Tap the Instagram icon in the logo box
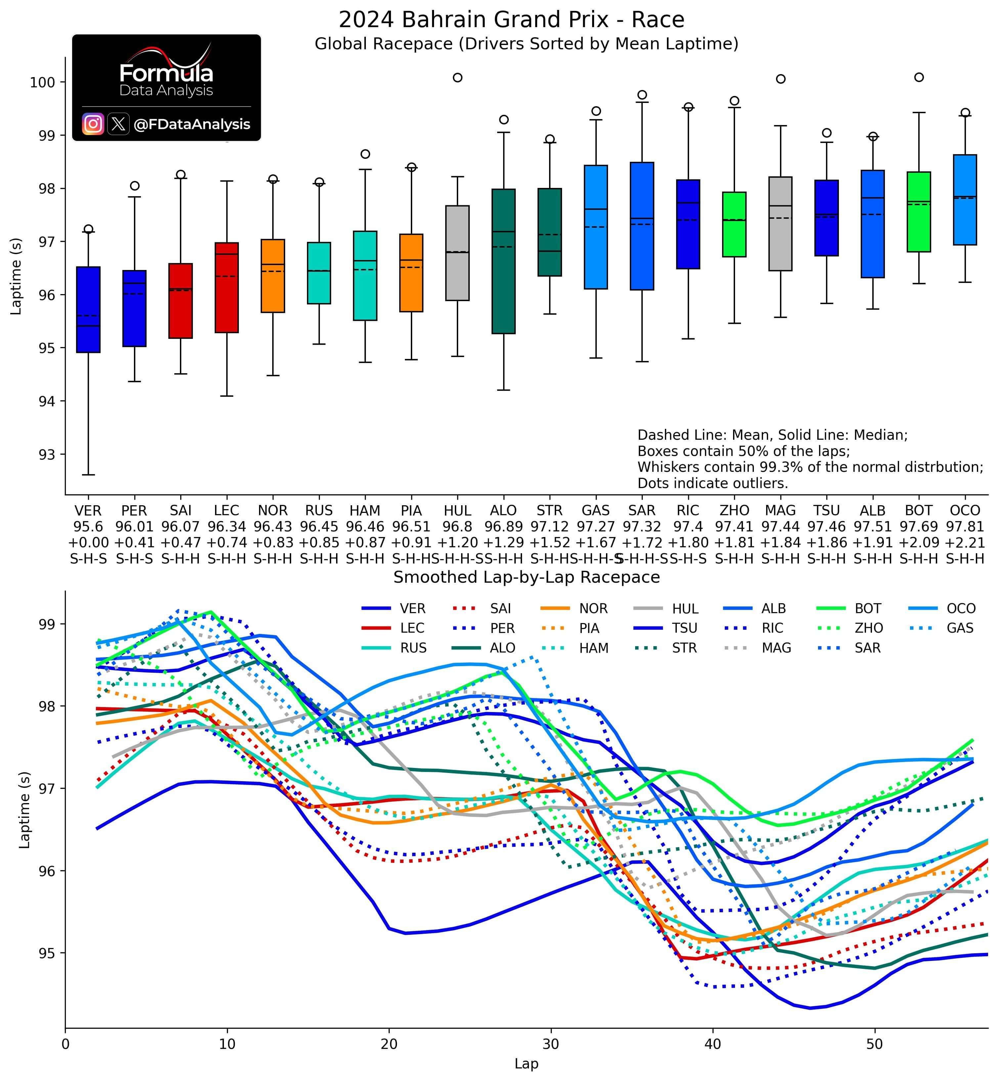(x=93, y=124)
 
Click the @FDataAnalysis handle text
(x=192, y=125)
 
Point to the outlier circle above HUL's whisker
(x=457, y=77)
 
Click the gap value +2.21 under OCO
(x=965, y=542)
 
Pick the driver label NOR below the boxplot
(x=273, y=511)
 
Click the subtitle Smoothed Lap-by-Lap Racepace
(x=527, y=577)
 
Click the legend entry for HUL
(x=685, y=609)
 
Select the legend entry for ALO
(x=502, y=648)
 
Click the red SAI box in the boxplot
(x=180, y=300)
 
